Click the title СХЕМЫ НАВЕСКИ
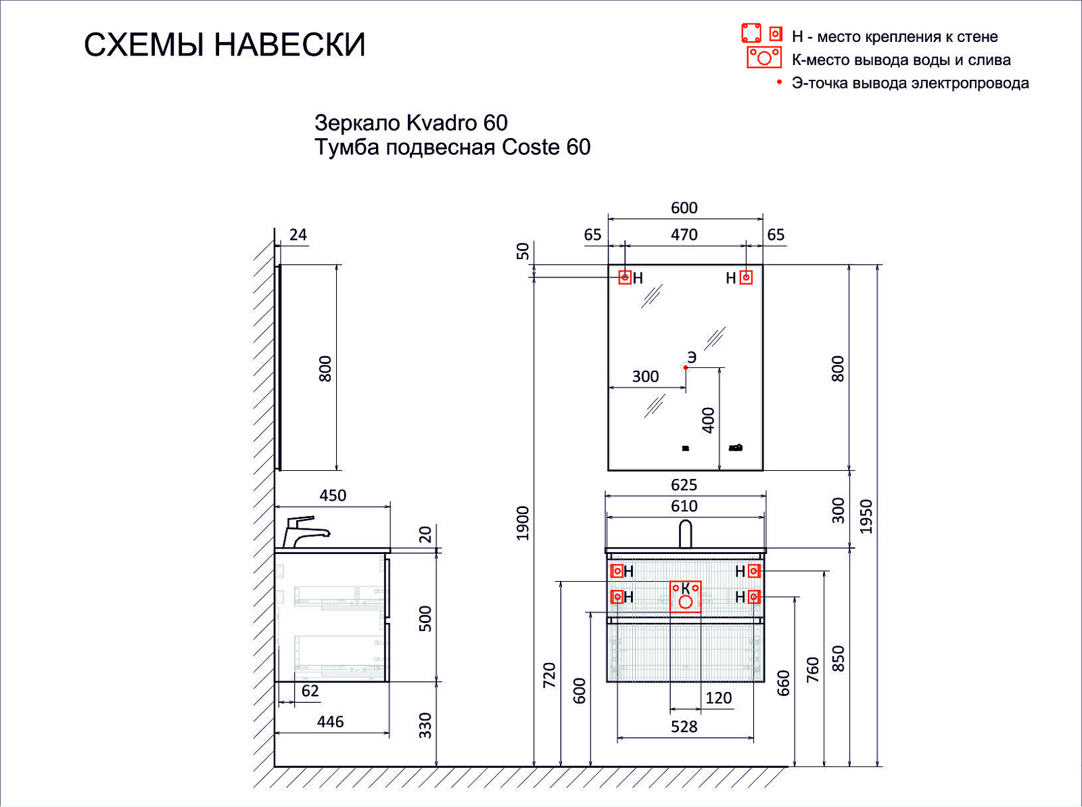pos(225,45)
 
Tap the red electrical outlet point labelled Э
pos(686,368)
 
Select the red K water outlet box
pos(685,597)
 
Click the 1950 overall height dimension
pos(866,516)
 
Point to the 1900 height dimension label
pos(523,523)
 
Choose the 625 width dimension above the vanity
pos(684,485)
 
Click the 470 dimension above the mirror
pos(684,235)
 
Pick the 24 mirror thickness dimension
pos(298,235)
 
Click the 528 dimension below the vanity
pos(684,727)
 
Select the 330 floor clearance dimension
pos(425,725)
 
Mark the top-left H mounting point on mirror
pos(625,277)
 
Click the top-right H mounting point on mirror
pos(746,277)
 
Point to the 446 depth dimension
pos(330,722)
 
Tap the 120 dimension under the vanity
pos(718,698)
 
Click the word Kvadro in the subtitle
pos(442,122)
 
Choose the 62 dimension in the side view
pos(310,691)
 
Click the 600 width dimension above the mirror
pos(684,208)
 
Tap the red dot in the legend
pos(780,82)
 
